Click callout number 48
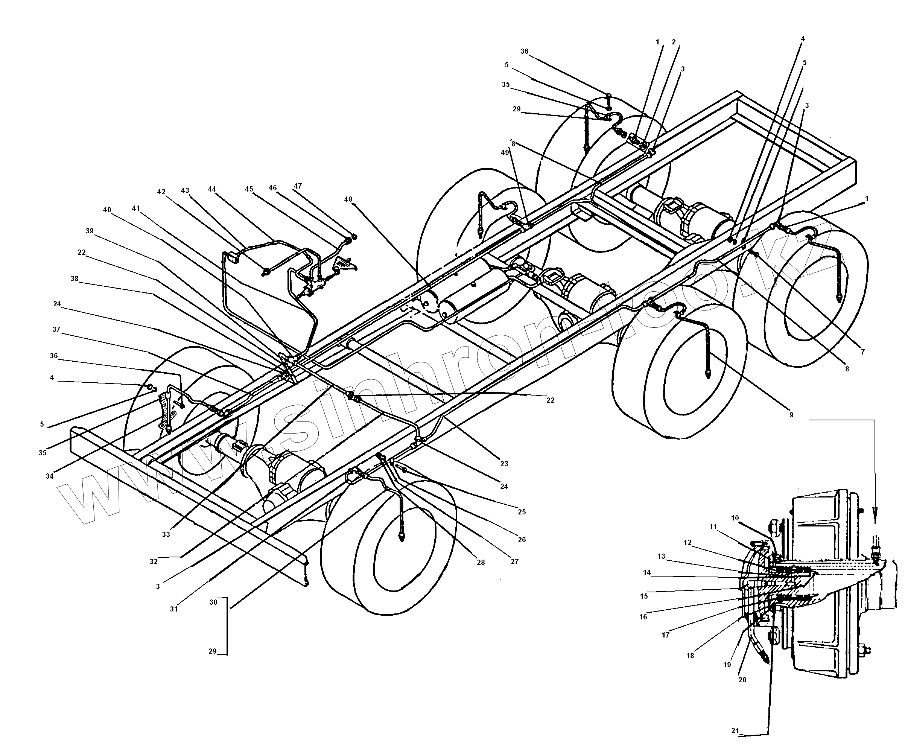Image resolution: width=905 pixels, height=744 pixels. click(348, 199)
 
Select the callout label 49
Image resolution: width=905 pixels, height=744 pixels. click(505, 152)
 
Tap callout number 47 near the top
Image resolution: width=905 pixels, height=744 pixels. click(298, 186)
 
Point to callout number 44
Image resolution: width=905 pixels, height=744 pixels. click(212, 189)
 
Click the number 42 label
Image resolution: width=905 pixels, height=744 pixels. click(161, 192)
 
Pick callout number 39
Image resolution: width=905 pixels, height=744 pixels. click(90, 231)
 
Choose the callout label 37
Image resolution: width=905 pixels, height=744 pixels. click(56, 330)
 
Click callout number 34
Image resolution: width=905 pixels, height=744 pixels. click(50, 476)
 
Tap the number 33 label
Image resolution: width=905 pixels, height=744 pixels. click(166, 534)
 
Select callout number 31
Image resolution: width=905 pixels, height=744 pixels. click(173, 609)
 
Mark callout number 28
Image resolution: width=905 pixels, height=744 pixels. click(481, 562)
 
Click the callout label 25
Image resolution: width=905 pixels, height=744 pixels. click(522, 512)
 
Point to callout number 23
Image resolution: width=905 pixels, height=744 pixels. click(504, 464)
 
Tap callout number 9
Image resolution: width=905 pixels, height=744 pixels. click(791, 415)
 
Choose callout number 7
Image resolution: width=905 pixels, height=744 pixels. click(862, 352)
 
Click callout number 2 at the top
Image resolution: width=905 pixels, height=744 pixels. click(674, 42)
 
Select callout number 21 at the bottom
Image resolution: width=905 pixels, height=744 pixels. click(735, 731)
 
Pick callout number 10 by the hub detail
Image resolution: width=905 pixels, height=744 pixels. click(735, 518)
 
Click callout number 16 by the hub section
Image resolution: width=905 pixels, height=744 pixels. click(643, 617)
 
